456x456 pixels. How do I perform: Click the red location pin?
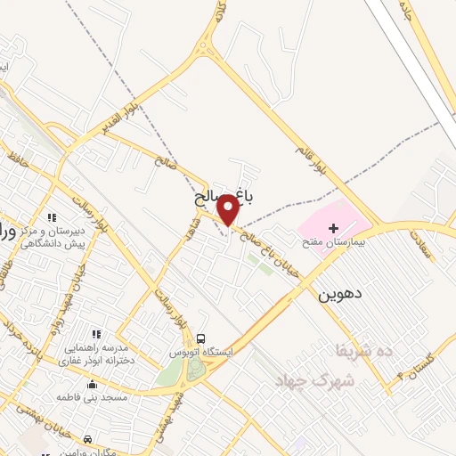pyautogui.click(x=228, y=210)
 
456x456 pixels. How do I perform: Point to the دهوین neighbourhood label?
pyautogui.click(x=339, y=291)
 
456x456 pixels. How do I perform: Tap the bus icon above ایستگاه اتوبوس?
pyautogui.click(x=201, y=338)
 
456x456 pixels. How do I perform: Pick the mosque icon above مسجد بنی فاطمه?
pyautogui.click(x=94, y=385)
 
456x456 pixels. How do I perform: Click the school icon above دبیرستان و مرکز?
pyautogui.click(x=52, y=217)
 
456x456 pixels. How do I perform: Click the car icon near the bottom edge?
pyautogui.click(x=87, y=439)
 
